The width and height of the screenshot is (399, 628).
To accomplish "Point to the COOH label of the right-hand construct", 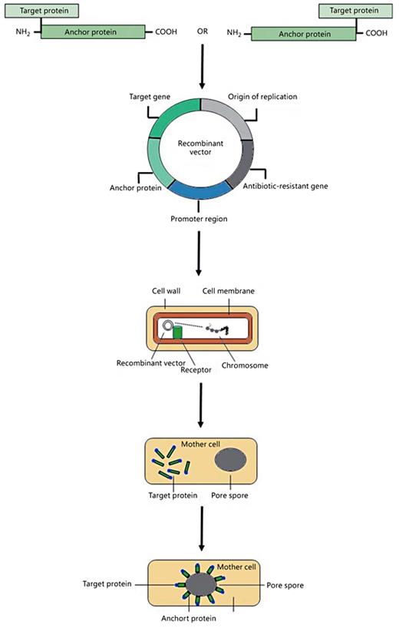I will [x=376, y=33].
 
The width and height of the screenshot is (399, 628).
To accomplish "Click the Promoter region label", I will [x=199, y=218].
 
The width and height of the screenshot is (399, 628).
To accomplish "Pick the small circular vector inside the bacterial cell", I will [x=167, y=326].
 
